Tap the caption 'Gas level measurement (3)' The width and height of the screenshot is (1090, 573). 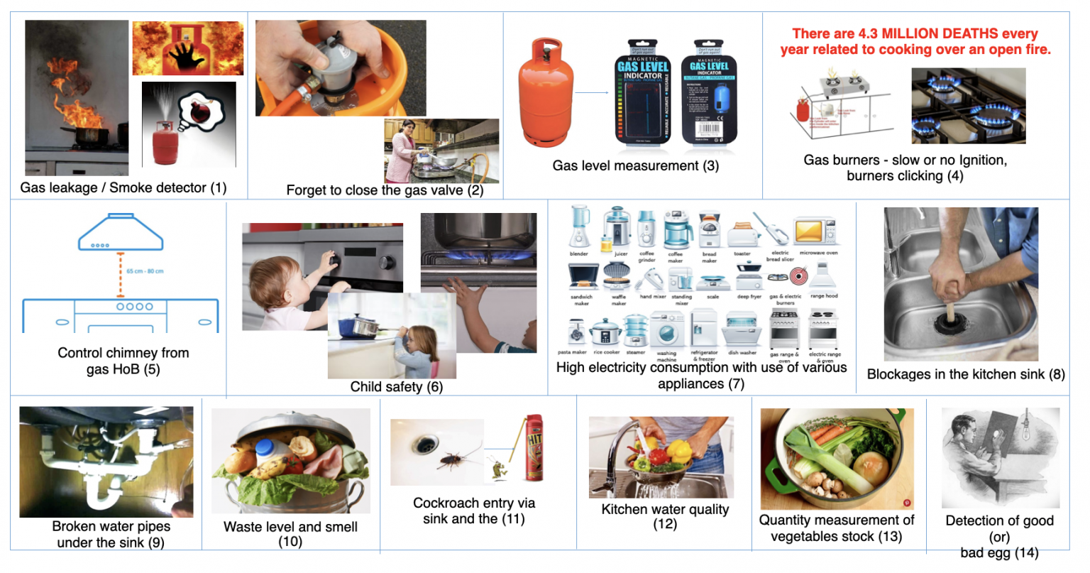(x=635, y=166)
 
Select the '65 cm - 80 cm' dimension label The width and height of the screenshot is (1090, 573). (x=145, y=271)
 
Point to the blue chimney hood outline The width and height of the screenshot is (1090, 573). (x=121, y=232)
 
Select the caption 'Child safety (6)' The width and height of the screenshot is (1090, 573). (x=396, y=387)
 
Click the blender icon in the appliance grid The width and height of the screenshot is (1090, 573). (x=579, y=227)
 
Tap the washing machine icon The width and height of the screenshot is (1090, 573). (x=666, y=330)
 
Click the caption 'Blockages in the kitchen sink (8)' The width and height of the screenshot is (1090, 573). (x=965, y=374)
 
